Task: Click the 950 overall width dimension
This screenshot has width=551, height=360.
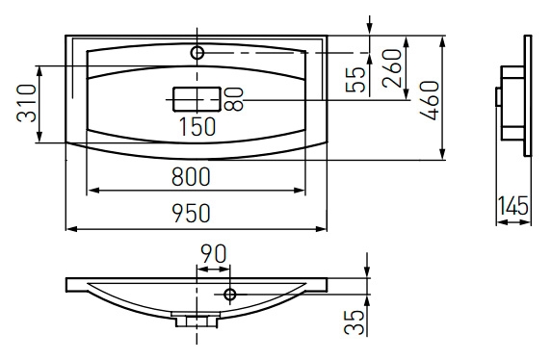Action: point(191,213)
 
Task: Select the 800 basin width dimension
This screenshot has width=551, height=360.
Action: point(191,176)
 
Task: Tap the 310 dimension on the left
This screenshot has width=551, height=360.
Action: point(27,103)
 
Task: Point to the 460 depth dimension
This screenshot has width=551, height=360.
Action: point(430,100)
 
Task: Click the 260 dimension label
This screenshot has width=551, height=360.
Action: point(392,68)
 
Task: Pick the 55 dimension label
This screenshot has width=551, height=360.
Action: point(355,80)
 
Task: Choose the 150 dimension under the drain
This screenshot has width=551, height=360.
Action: point(197,126)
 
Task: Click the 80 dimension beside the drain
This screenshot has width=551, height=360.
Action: point(234,99)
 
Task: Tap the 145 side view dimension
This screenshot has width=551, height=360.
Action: point(513,205)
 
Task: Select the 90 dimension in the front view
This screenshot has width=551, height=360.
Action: point(213,254)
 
